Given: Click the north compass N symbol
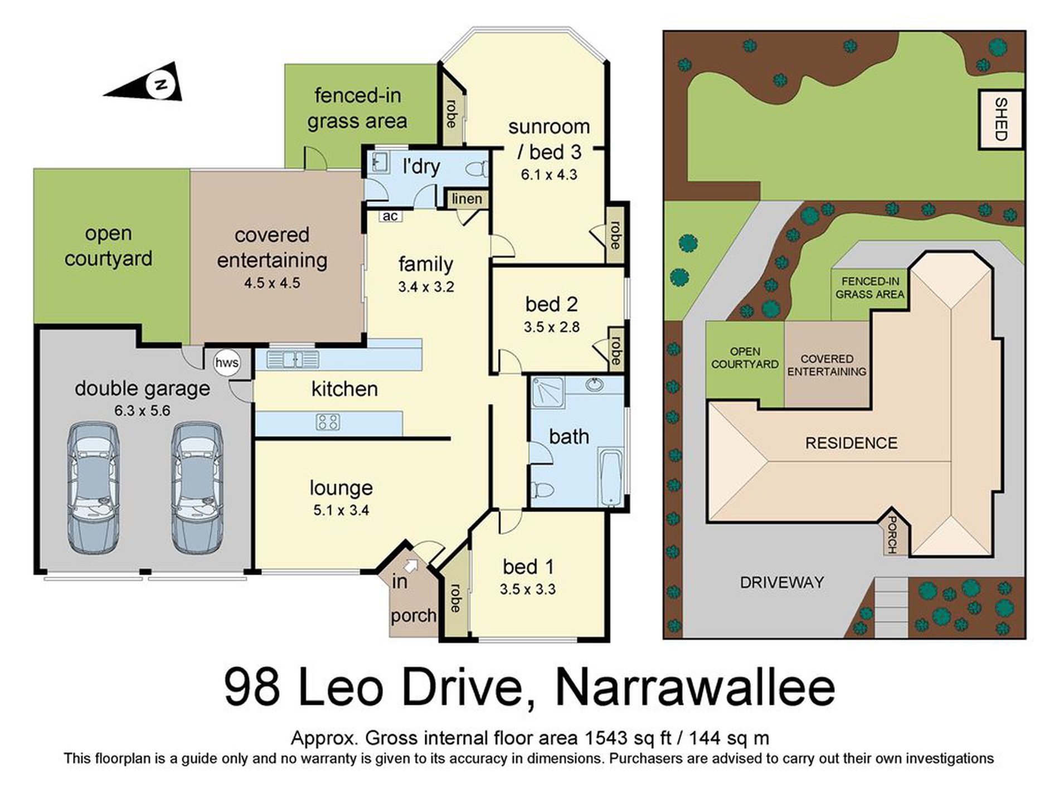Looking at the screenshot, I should (160, 85).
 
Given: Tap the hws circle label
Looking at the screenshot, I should (226, 363).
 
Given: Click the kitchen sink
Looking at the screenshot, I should (293, 359).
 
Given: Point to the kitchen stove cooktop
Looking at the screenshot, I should (328, 422).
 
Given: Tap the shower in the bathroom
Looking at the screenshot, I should (547, 392).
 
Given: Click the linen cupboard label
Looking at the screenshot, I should (467, 199).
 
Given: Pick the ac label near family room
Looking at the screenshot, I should (390, 216).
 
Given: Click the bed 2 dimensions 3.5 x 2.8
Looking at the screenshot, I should (551, 327).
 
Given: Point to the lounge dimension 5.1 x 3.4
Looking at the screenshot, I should (341, 510).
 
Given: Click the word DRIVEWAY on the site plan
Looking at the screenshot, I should (781, 582).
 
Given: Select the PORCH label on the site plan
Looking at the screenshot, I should (892, 534).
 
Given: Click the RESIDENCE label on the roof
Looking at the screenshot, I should (851, 443).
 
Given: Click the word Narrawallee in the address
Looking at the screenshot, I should (695, 689).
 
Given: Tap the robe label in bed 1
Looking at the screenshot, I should (455, 598).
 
